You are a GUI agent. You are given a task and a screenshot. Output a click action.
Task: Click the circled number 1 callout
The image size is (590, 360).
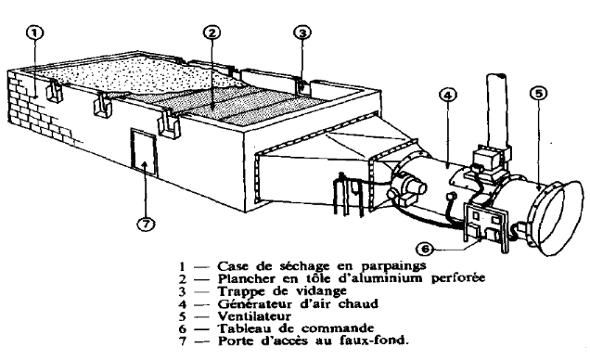coord(34,32)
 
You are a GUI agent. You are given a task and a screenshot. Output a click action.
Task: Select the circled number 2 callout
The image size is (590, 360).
coord(212,32)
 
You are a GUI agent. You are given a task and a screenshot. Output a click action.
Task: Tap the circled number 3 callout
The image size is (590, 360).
coord(302,32)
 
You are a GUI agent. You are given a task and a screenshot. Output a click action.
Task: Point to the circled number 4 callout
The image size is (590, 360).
coord(448,96)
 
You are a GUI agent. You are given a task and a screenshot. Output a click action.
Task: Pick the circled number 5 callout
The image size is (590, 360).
coord(539,94)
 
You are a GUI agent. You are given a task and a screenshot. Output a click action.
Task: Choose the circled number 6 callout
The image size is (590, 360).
coord(425,249)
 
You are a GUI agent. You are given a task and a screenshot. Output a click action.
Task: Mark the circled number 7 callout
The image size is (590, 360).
coord(146,225)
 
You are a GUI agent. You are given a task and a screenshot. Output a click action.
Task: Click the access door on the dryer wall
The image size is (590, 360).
coord(144,151)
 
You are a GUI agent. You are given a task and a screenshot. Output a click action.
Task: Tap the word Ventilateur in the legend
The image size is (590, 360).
coord(254,316)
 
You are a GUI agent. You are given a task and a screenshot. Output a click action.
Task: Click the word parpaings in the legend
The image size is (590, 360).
coord(393,266)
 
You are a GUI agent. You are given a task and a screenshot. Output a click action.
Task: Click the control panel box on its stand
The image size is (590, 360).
coord(486,225)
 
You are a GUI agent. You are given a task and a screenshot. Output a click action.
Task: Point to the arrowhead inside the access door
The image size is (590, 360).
coord(146,165)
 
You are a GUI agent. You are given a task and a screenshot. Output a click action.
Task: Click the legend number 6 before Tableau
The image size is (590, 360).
coord(183,328)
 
